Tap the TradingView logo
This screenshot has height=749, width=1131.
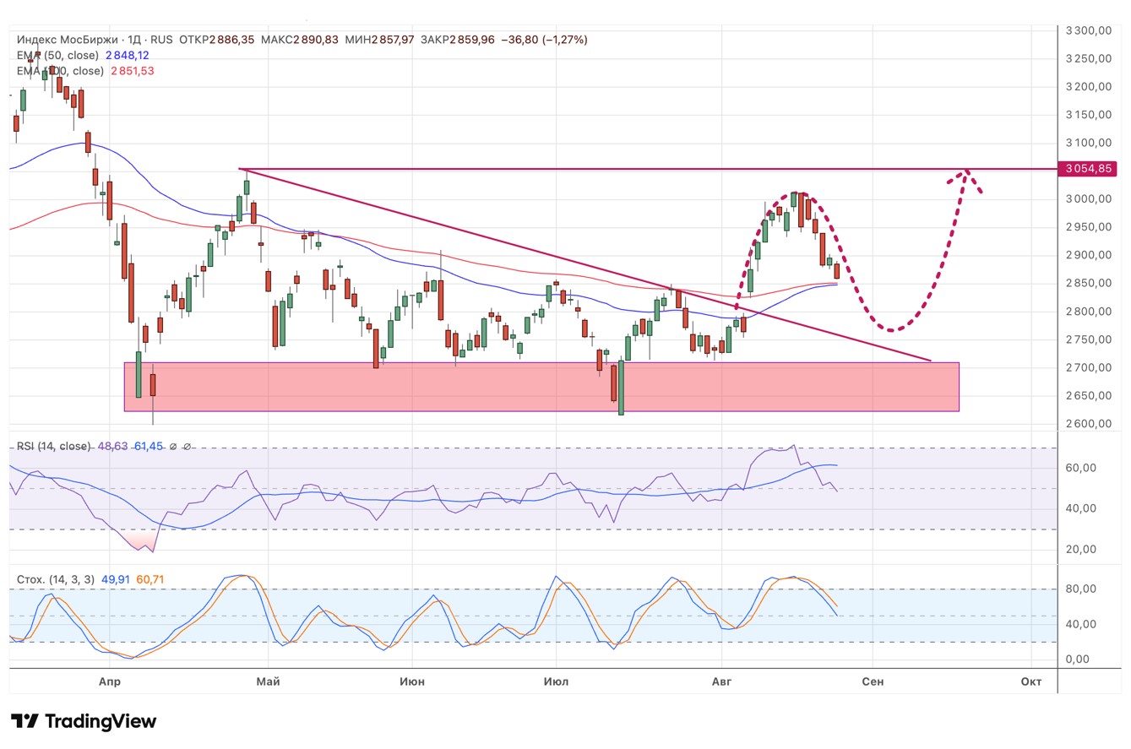coord(84,721)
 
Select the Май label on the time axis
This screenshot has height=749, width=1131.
coord(268,681)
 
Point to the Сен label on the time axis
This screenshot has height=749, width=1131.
coord(873,681)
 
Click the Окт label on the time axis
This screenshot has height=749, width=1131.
coord(1030,681)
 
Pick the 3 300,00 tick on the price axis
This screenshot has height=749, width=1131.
coord(1088,31)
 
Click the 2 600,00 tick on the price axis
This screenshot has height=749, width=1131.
coord(1088,424)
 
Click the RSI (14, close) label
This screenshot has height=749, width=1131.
coord(53,446)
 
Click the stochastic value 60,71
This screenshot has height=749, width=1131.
coord(150,579)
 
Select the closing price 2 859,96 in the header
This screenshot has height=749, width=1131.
coord(472,40)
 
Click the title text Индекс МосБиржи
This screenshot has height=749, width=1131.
coord(68,40)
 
